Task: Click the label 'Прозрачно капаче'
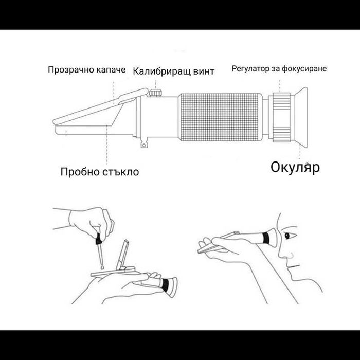(86, 69)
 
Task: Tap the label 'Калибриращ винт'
(173, 71)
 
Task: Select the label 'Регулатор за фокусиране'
(279, 68)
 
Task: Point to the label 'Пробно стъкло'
(99, 171)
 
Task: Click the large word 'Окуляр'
(295, 167)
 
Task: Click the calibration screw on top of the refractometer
(155, 93)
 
